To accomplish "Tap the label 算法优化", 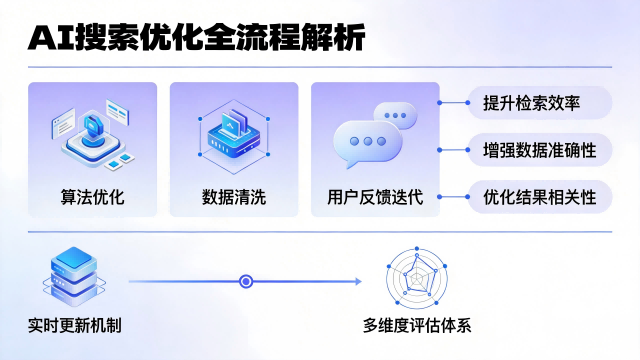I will pyautogui.click(x=92, y=195).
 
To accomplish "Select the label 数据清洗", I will pyautogui.click(x=233, y=195).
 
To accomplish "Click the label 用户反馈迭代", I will pyautogui.click(x=375, y=195).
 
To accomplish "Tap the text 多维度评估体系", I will pyautogui.click(x=416, y=326).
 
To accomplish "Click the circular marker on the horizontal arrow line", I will pyautogui.click(x=246, y=282).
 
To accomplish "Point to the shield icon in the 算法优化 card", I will pyautogui.click(x=90, y=129).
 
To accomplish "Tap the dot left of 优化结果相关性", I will pyautogui.click(x=440, y=196).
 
